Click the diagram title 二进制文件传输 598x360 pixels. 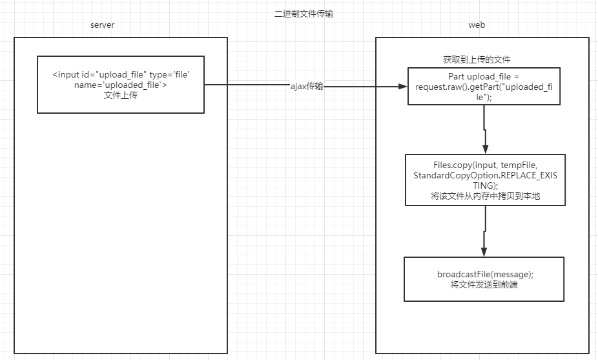coord(304,14)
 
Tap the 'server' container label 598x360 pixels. coord(102,25)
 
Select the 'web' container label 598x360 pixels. coord(477,25)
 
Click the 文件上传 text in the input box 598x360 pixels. coord(120,96)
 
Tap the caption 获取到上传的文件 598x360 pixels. coord(477,59)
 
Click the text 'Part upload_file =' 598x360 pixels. coord(484,76)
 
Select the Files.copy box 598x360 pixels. coord(485,180)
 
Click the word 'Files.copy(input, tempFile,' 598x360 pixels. coord(485,165)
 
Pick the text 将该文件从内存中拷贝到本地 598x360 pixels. coord(485,196)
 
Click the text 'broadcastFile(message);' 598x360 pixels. coord(485,274)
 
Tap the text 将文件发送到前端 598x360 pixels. coord(484,284)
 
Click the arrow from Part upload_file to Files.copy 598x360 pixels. coord(484,129)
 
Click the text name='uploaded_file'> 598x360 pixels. coord(120,85)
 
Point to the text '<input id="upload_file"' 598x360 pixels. coord(99,76)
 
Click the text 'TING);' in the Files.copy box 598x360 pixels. coord(485,185)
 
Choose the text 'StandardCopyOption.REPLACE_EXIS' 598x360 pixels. coord(485,175)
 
